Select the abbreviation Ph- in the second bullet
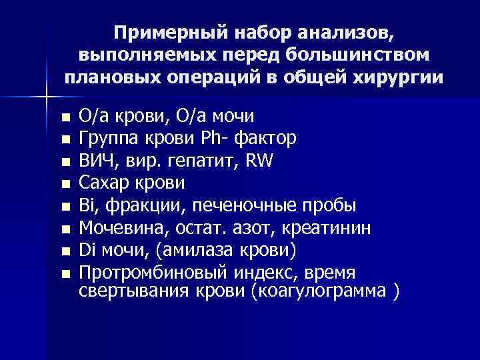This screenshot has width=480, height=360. point(208,138)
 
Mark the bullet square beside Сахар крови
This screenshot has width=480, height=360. point(64,183)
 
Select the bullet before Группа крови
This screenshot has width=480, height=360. point(64,139)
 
